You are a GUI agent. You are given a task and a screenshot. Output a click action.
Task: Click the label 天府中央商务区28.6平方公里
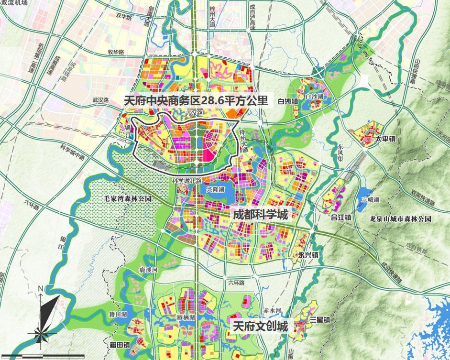point(196,101)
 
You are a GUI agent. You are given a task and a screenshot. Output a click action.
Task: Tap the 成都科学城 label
point(260,215)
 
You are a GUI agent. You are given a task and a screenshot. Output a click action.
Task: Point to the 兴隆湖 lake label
point(215,190)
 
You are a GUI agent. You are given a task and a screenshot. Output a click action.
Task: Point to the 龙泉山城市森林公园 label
point(401,219)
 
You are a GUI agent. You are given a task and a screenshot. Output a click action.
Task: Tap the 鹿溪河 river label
point(148,270)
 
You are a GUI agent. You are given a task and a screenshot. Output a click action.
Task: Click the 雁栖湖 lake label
point(185,317)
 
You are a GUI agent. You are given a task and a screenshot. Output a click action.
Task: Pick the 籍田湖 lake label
point(118,315)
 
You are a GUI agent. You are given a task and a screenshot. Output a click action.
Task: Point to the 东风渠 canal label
point(340,149)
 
